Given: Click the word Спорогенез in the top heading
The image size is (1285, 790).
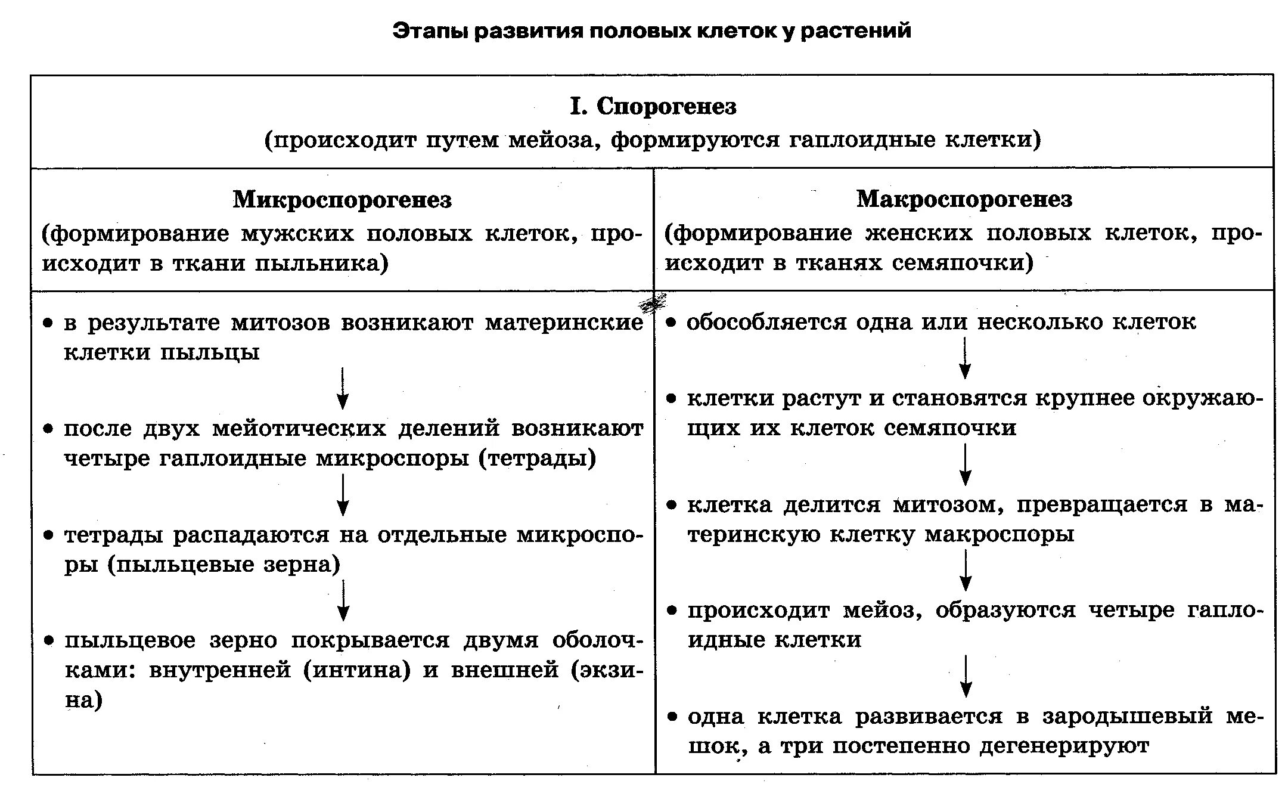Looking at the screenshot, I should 666,107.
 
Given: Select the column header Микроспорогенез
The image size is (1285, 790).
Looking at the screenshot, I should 342,200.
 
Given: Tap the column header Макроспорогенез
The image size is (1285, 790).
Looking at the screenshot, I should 964,199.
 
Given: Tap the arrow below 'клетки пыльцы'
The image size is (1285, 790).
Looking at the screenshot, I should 343,388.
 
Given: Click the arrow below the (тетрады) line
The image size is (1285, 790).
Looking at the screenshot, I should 343,494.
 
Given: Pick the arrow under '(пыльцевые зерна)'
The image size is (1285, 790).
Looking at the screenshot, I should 343,600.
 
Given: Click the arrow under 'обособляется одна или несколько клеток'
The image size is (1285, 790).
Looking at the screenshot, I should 965,358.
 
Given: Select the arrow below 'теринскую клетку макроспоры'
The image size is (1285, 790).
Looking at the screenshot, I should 966,570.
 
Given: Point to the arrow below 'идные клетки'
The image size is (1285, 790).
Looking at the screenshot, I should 966,676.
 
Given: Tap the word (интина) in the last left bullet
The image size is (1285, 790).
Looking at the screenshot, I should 357,670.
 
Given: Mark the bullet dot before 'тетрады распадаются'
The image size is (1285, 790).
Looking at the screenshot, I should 49,535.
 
